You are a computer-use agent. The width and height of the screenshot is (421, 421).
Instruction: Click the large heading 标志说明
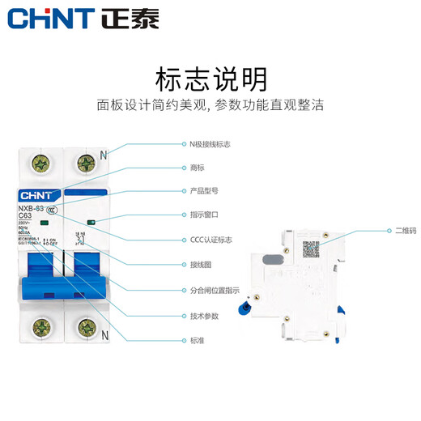210,79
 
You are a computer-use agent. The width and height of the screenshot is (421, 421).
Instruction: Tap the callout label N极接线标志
210,144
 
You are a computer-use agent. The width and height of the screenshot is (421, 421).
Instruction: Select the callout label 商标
197,168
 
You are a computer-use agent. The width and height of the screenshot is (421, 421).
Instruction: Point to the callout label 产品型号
203,191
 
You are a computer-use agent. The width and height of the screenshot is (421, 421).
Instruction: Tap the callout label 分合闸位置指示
214,289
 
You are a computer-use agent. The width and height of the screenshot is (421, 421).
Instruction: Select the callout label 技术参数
203,315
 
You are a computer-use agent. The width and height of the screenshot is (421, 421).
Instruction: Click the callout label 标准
197,341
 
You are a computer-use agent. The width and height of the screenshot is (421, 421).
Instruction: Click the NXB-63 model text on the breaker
31,209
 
